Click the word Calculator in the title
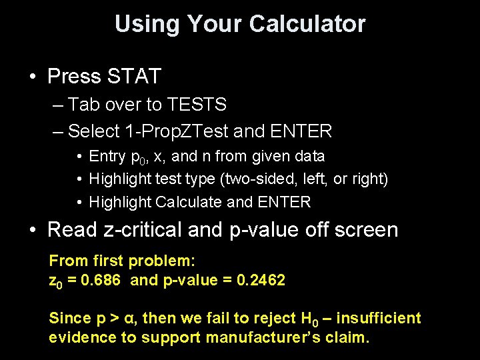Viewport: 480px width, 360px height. pos(307,24)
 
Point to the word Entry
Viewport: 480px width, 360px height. pos(107,157)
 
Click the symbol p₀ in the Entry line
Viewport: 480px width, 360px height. pos(139,157)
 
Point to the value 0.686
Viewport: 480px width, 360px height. pos(99,280)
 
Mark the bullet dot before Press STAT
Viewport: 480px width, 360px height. pos(33,77)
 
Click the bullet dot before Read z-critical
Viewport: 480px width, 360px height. pos(33,231)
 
